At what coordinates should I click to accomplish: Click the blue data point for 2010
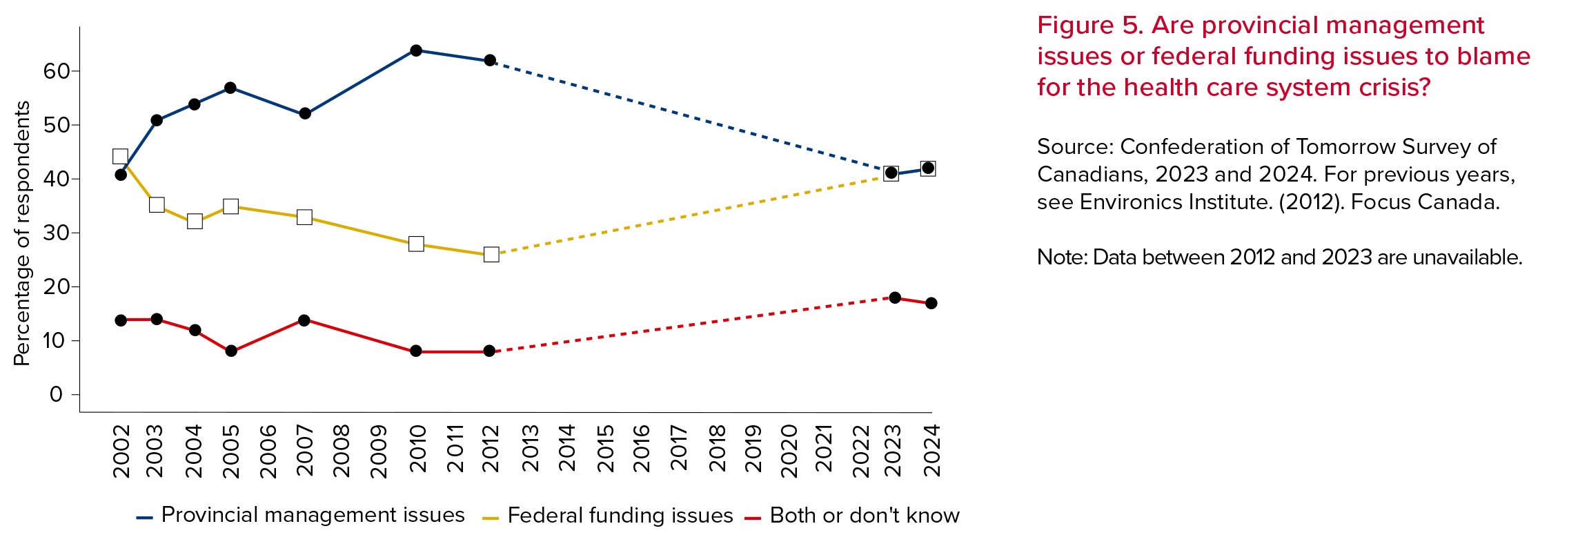[416, 50]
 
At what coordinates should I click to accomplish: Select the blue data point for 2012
[490, 61]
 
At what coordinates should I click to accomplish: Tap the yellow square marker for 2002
[120, 157]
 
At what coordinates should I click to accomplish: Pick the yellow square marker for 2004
[195, 221]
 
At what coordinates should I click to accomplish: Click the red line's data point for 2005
[231, 351]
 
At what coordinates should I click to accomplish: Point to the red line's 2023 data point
[895, 298]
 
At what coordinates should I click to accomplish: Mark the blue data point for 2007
[305, 113]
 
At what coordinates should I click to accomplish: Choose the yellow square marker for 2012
[491, 255]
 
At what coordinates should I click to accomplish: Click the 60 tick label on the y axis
[56, 71]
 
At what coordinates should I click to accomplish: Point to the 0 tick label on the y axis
[56, 394]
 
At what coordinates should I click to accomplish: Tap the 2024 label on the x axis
[932, 449]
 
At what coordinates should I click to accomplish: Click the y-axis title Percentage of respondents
[22, 233]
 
